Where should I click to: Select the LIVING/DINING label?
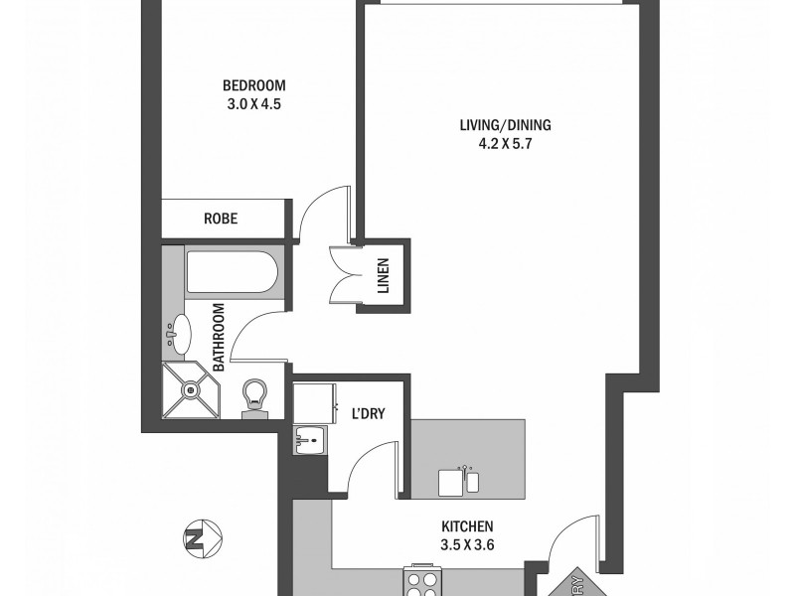click(505, 125)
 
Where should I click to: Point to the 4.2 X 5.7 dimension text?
click(505, 143)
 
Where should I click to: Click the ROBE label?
click(221, 218)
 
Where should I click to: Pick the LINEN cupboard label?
click(383, 275)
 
